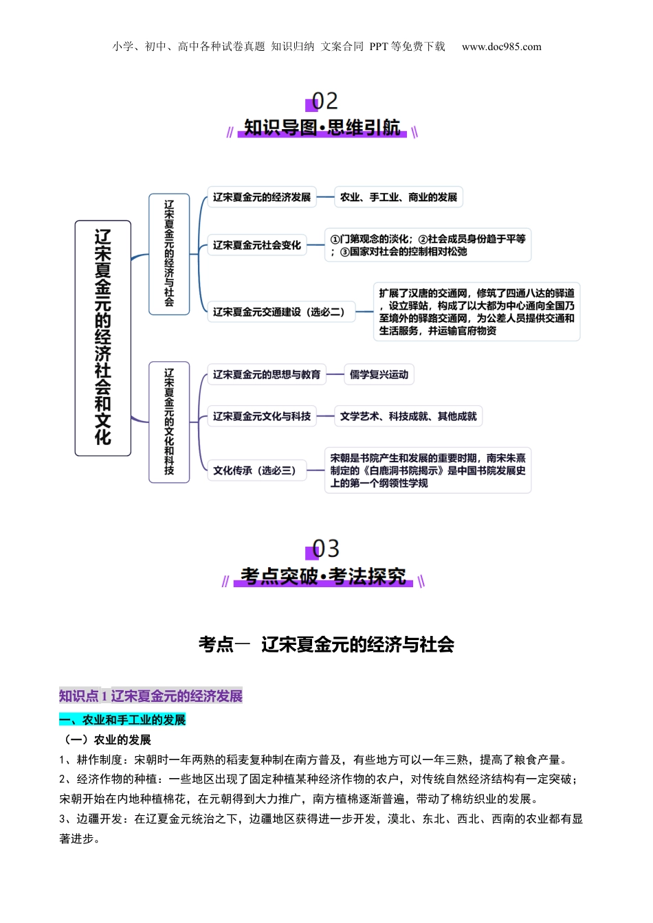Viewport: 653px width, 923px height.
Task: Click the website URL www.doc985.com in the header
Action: coord(501,47)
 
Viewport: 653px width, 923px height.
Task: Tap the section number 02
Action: coord(324,101)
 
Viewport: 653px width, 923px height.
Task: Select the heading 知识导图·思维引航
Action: coord(322,127)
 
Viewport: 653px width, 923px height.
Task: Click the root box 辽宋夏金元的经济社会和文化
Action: coord(103,338)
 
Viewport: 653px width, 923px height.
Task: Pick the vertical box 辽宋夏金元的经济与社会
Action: coord(169,254)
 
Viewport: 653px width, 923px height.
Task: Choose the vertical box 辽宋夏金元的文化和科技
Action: coord(169,422)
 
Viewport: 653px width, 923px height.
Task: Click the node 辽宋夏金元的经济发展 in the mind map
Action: coord(261,197)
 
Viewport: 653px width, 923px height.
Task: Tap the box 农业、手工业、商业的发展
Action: coord(399,197)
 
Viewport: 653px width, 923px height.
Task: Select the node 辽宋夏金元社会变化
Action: coord(256,245)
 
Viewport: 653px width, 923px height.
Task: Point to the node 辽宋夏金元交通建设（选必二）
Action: coord(281,312)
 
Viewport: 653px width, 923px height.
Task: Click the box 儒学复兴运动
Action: coord(379,374)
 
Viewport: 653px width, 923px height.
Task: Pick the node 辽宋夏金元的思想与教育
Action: coord(267,374)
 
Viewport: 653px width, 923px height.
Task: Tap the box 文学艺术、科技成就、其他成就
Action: coord(408,416)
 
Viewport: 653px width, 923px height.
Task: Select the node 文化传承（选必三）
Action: coord(256,470)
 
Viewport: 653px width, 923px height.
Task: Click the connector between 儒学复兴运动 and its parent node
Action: coord(335,374)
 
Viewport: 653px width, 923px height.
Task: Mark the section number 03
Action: coord(325,549)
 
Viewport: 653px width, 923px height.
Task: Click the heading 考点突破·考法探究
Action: coord(323,576)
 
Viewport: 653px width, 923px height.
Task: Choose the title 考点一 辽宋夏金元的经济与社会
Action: coord(326,644)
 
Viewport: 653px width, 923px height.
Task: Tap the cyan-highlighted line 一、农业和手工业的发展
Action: coord(122,720)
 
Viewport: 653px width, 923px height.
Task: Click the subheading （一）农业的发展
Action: coord(105,740)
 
